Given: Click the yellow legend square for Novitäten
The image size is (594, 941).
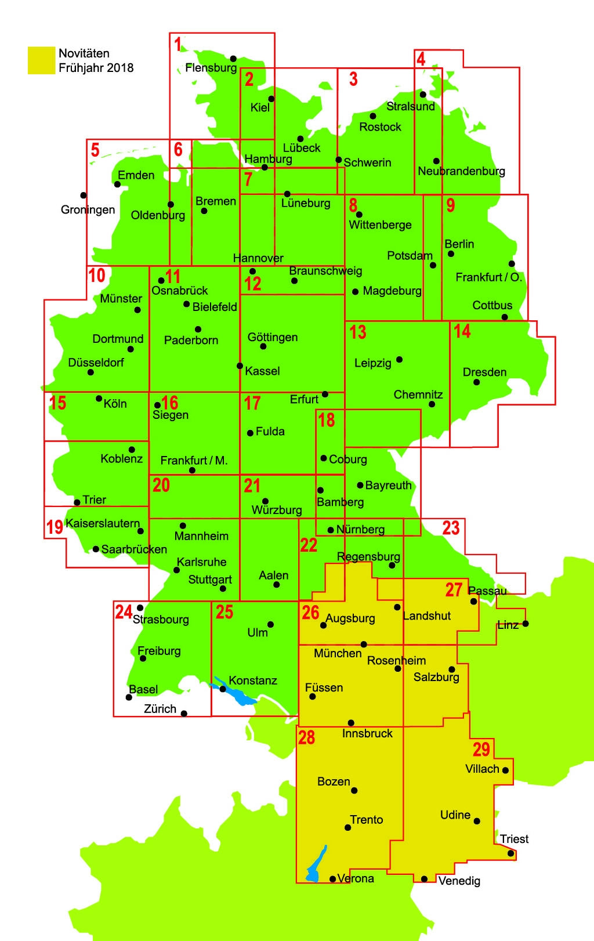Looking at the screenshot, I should tap(42, 60).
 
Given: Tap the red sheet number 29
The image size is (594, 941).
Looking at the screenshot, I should tap(481, 749).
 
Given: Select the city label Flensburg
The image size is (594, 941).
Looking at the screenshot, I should tap(211, 68).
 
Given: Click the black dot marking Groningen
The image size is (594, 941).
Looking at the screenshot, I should tap(84, 196).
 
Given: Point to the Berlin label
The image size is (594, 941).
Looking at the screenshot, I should tap(459, 244).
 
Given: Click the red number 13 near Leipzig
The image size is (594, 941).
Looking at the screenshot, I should tap(358, 332).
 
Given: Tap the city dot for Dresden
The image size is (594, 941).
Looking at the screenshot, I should tap(476, 382).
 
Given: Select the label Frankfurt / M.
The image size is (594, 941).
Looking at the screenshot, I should tap(194, 460).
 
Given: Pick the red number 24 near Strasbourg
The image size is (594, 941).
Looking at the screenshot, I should tap(123, 611).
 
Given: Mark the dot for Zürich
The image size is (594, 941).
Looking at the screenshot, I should tap(184, 714).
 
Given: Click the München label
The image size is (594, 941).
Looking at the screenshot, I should tap(338, 653).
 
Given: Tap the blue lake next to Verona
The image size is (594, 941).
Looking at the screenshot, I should tap(316, 864).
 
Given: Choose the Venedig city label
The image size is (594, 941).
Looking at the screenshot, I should tap(459, 881).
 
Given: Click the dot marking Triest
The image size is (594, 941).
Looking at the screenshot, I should tap(510, 853).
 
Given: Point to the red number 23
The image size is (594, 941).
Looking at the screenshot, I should tap(451, 527).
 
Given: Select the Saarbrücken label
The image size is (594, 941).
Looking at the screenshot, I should tap(134, 549).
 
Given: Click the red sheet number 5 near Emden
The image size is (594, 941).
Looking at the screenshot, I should tap(95, 150).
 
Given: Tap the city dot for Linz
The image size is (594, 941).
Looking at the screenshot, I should tap(526, 624).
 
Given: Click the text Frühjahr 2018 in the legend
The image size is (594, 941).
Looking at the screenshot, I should tap(96, 67).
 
